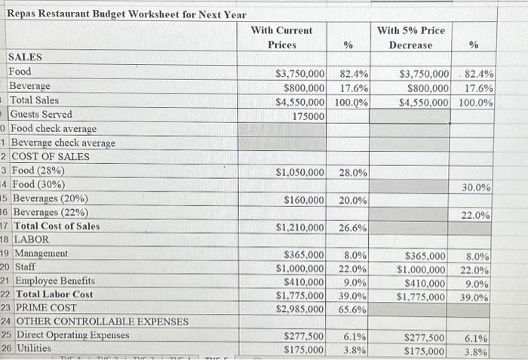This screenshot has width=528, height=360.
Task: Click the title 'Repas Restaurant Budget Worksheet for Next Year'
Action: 126,15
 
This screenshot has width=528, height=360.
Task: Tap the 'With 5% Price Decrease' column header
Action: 411,38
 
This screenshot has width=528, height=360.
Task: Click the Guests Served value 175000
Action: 309,115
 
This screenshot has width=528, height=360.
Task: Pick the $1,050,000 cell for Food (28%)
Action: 300,172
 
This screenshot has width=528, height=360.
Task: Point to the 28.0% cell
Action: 353,172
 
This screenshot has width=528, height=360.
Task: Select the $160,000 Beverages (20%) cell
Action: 304,200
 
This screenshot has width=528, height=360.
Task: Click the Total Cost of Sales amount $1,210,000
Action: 300,227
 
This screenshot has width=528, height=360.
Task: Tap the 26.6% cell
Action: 353,227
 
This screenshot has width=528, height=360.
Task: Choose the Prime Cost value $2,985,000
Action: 300,309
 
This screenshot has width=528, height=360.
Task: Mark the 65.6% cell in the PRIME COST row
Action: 353,309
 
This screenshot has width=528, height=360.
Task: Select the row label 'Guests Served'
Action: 41,115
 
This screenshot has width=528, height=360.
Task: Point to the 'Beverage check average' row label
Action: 63,143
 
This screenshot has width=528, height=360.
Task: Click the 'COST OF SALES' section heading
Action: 50,156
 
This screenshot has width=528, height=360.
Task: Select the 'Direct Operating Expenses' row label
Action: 69,335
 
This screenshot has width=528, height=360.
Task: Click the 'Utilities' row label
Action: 31,349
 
